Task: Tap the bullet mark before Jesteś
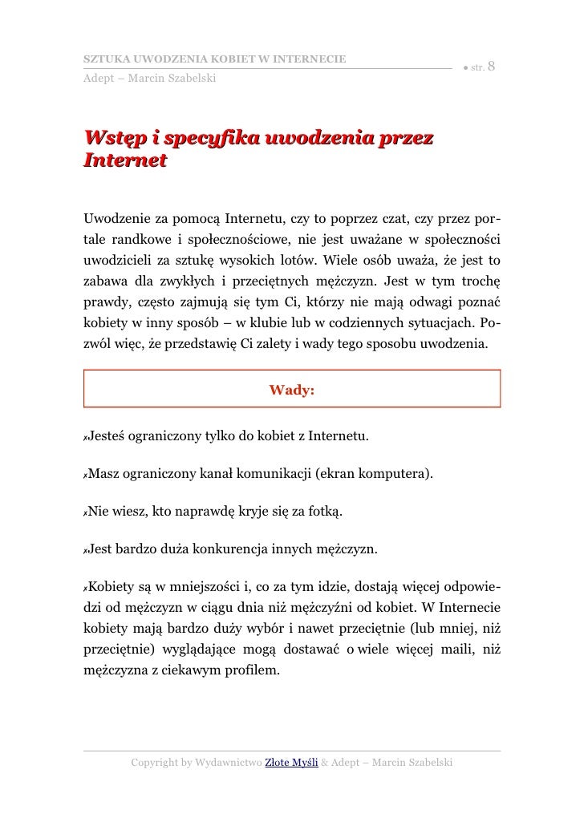[x=84, y=439]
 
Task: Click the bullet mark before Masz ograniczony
[x=84, y=476]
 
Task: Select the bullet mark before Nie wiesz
[x=84, y=512]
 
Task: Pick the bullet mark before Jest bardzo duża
[x=84, y=550]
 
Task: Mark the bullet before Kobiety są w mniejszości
[x=84, y=588]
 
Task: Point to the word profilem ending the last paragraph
[x=253, y=668]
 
